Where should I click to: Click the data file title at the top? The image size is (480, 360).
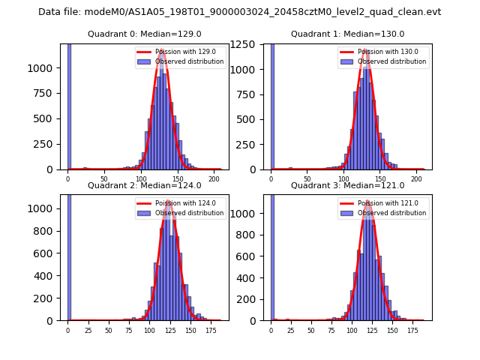239,12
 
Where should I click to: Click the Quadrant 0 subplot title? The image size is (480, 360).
144,34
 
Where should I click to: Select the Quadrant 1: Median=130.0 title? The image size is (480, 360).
347,34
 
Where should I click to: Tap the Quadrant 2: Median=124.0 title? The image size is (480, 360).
144,185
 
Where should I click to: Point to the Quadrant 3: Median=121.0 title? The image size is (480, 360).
347,185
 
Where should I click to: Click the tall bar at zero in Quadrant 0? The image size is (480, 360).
69,105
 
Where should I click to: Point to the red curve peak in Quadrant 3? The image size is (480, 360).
368,202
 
